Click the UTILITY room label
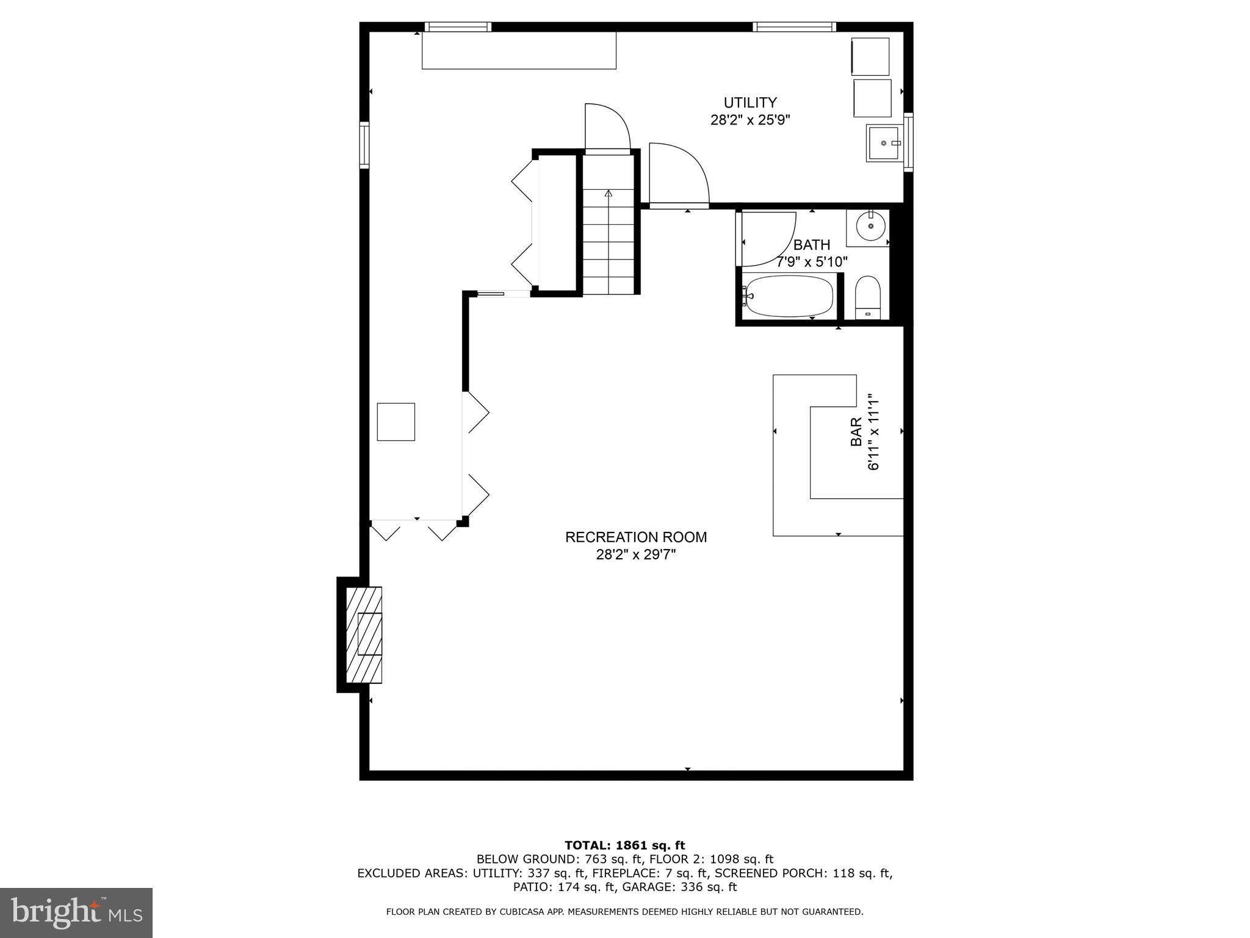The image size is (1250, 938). pyautogui.click(x=750, y=103)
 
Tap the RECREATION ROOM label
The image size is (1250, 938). pyautogui.click(x=636, y=537)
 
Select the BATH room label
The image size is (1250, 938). pyautogui.click(x=812, y=245)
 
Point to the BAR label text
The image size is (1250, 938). pyautogui.click(x=856, y=431)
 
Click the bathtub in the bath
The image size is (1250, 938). pyautogui.click(x=789, y=296)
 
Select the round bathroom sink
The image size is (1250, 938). pyautogui.click(x=870, y=227)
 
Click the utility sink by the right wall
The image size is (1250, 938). pyautogui.click(x=883, y=143)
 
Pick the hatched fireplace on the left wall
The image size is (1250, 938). pyautogui.click(x=364, y=635)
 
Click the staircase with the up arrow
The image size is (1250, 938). pyautogui.click(x=609, y=241)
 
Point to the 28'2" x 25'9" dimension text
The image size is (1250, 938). pyautogui.click(x=750, y=120)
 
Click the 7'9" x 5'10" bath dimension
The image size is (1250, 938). pyautogui.click(x=812, y=263)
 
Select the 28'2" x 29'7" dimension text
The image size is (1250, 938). pyautogui.click(x=636, y=555)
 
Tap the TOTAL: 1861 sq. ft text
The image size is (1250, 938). pyautogui.click(x=624, y=845)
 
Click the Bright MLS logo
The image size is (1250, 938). pyautogui.click(x=76, y=912)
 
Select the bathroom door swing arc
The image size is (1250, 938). pyautogui.click(x=768, y=239)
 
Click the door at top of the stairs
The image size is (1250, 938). pyautogui.click(x=607, y=127)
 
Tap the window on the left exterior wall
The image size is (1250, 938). pyautogui.click(x=364, y=145)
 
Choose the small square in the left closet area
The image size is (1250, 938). pyautogui.click(x=396, y=422)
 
